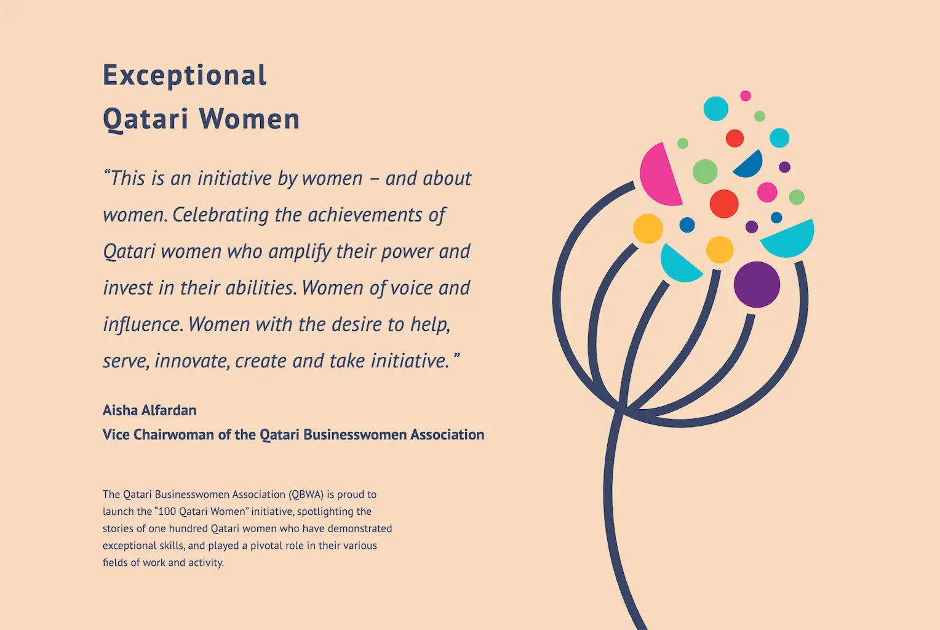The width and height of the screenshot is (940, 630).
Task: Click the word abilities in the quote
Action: (x=261, y=288)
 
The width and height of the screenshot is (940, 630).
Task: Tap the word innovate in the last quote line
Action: (x=192, y=361)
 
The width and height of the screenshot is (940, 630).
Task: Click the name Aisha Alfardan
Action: (x=149, y=410)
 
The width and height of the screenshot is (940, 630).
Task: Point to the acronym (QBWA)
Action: (x=306, y=495)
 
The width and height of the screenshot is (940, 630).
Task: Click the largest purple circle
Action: (x=757, y=285)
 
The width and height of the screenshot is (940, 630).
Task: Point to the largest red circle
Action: (x=724, y=204)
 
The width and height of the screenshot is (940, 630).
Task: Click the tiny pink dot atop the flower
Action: (x=745, y=96)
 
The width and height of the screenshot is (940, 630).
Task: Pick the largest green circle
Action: (x=705, y=171)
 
